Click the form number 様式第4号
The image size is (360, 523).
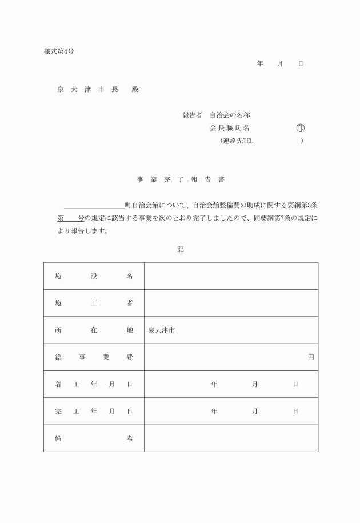[59, 51]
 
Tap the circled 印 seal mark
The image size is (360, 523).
[301, 128]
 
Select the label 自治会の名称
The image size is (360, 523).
[230, 115]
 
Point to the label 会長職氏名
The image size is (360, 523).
[230, 128]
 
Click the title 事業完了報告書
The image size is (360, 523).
[181, 179]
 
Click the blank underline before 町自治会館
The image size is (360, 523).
[94, 205]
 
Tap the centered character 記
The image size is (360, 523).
[181, 250]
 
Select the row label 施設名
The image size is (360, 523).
[94, 276]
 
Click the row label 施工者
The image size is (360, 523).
[94, 303]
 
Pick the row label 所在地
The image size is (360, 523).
[94, 330]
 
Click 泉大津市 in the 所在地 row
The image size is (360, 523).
[162, 330]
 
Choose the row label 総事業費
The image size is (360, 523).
[94, 357]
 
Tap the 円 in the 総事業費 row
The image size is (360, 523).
[311, 357]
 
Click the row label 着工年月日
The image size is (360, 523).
[94, 384]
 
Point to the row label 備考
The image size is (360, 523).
[94, 438]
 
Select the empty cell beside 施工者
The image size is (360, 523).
[231, 303]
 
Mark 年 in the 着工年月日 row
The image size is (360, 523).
[214, 384]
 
